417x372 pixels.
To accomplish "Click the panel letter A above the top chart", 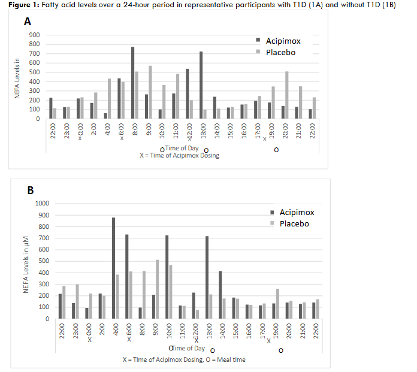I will pos(27,22).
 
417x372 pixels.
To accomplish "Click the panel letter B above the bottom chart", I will pos(30,190).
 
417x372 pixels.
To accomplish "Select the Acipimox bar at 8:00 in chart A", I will pos(132,83).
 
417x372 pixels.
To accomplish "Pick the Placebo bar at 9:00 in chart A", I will pos(150,92).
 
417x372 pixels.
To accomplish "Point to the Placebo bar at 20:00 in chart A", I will pos(287,95).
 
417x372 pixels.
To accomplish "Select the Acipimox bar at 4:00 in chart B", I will pos(113,268).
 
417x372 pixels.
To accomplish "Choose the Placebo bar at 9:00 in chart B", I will pos(158,289).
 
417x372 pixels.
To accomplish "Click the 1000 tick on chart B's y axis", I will pos(42,203).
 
